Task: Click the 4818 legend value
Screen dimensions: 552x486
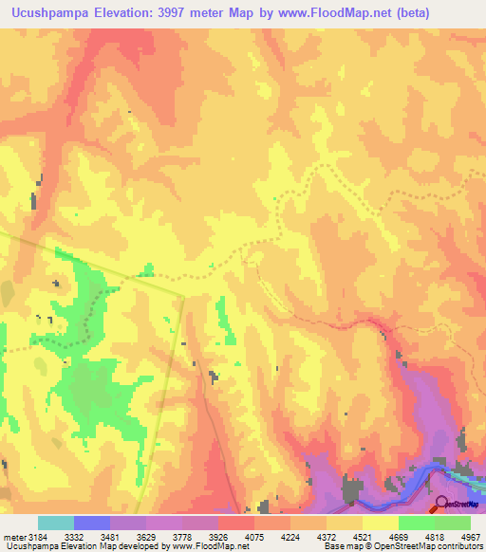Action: [x=436, y=537]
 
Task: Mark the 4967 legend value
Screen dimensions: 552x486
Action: [x=471, y=537]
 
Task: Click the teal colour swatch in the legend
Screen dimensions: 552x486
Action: [x=56, y=523]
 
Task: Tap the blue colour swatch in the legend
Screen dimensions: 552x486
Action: [x=92, y=523]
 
